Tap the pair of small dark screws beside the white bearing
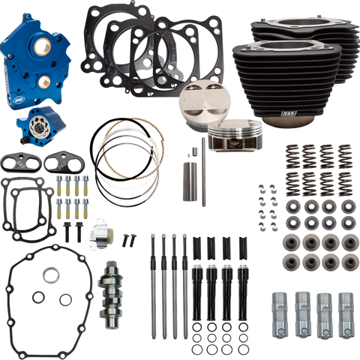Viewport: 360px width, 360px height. tap(128, 241)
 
